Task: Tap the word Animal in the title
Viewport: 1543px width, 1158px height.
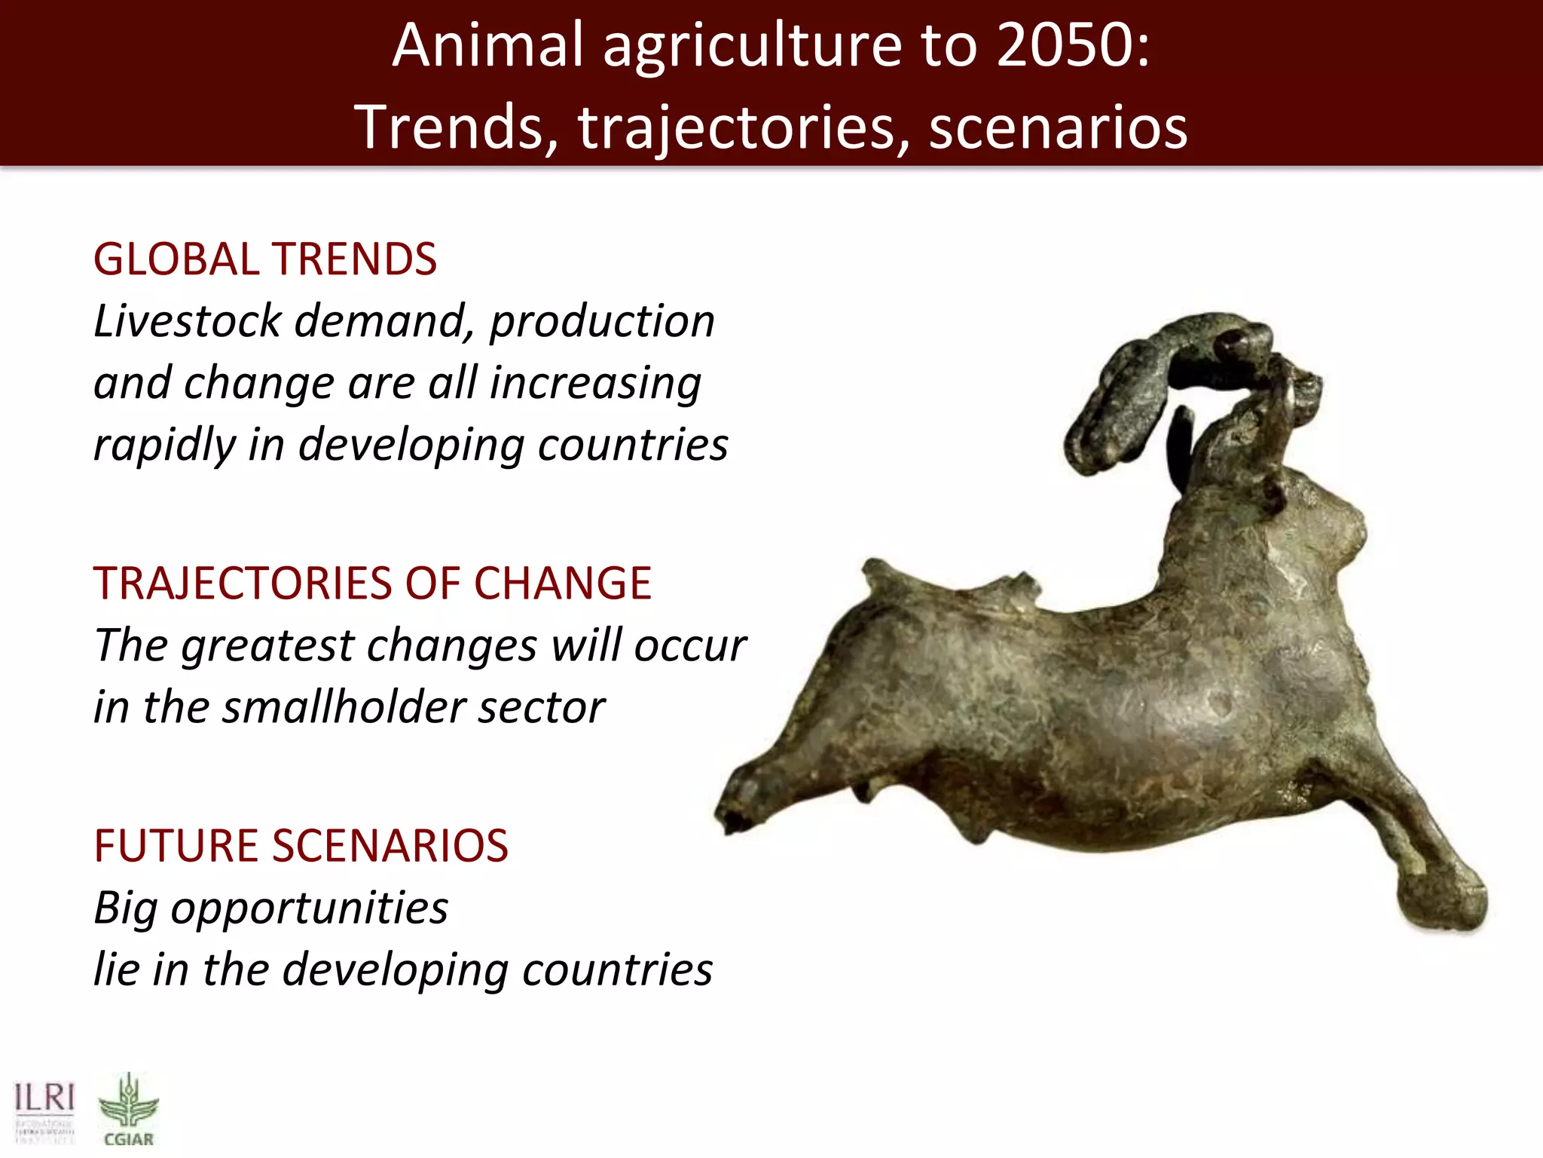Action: coord(488,45)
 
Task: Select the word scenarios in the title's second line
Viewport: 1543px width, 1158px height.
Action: coord(1058,128)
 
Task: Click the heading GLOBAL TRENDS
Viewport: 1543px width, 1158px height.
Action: coord(264,259)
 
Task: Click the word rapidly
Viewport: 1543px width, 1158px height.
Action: coord(165,445)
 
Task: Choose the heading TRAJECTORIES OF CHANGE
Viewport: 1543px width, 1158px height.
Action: coord(372,584)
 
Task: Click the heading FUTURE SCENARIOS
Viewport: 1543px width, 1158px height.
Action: coord(301,846)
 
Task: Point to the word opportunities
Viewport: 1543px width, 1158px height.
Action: coord(309,908)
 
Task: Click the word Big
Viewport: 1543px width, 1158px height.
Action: coord(125,908)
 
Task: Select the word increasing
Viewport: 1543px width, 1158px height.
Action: coord(595,383)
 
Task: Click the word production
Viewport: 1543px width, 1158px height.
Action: coord(602,321)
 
